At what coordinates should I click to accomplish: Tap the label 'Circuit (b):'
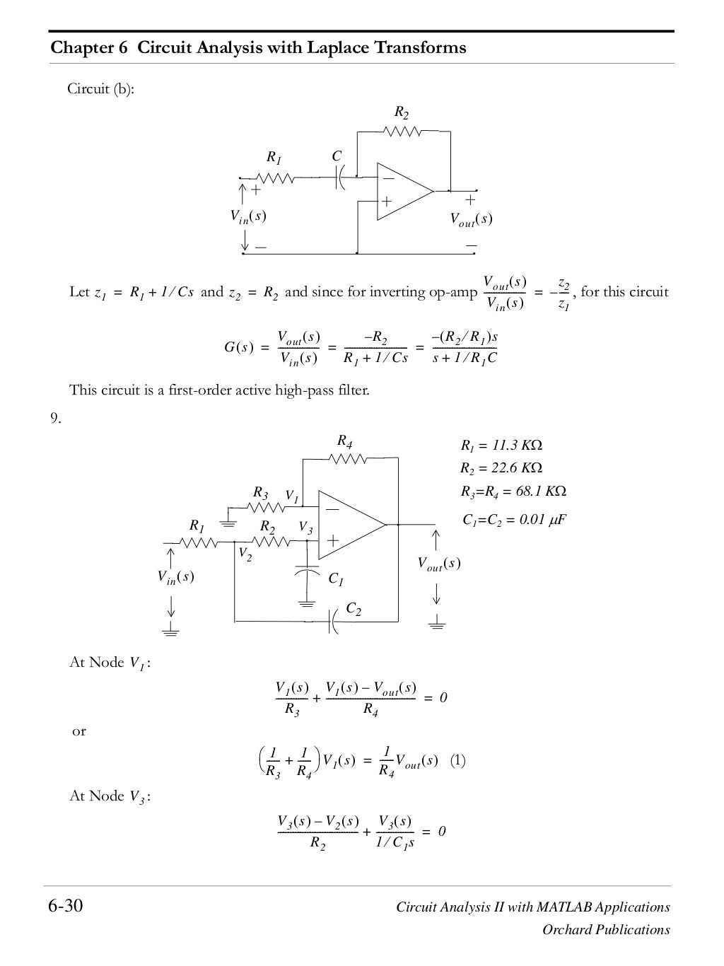tap(100, 89)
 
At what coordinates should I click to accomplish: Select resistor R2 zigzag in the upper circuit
tap(402, 131)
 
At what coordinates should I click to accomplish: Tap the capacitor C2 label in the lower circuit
tap(354, 609)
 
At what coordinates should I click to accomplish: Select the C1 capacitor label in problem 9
tap(337, 579)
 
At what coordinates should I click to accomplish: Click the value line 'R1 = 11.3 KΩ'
tap(501, 446)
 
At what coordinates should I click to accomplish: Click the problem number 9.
tap(55, 419)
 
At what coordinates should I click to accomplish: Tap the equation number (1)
tap(457, 761)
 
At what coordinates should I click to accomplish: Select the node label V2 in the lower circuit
tap(245, 554)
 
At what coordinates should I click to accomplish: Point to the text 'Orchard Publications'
tap(606, 930)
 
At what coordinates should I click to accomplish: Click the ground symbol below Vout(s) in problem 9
tap(437, 622)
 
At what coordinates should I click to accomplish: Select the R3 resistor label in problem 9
tap(260, 492)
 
